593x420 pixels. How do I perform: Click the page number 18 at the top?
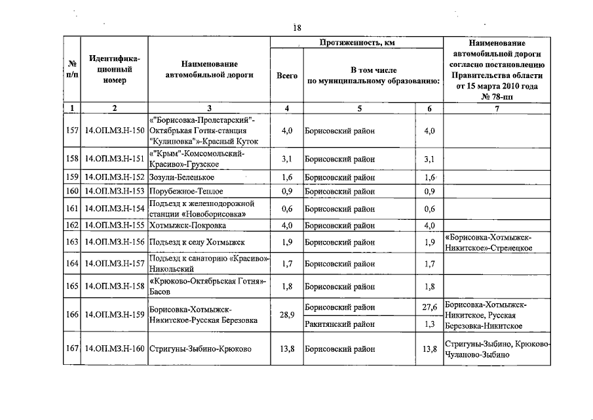(297, 28)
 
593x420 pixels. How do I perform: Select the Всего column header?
(287, 75)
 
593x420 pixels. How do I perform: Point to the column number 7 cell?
(497, 108)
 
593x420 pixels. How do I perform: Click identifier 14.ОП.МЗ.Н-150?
(115, 131)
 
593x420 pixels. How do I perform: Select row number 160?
(73, 192)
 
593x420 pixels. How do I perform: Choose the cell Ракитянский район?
(339, 324)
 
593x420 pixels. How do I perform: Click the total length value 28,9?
(287, 315)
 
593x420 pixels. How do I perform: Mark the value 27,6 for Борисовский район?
(429, 307)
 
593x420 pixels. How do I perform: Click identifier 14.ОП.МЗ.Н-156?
(115, 243)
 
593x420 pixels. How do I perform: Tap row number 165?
(73, 287)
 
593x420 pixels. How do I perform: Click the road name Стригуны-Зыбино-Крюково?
(201, 349)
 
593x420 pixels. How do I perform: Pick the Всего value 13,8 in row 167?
(287, 349)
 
